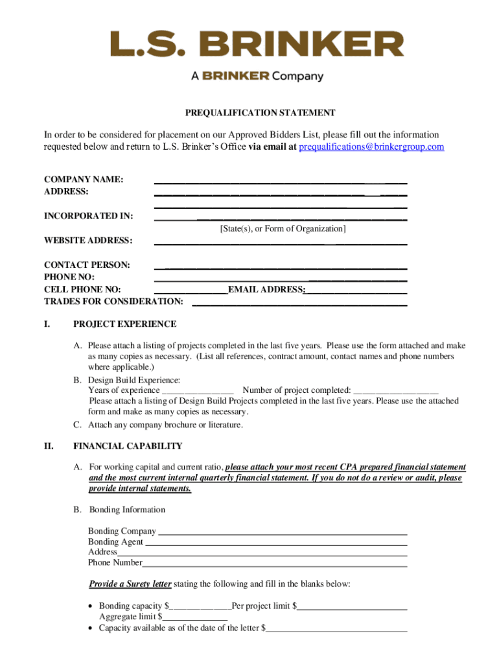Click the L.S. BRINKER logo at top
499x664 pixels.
pos(257,45)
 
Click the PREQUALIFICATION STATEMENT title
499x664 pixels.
pos(260,113)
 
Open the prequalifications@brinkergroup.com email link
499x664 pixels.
pos(371,147)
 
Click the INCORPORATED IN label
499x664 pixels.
pos(89,216)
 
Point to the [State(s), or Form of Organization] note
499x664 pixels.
pos(283,229)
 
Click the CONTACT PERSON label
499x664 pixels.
pos(87,265)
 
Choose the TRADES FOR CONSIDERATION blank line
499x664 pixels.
pos(299,304)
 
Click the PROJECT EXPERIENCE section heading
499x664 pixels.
pos(124,324)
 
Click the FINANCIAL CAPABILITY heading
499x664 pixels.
pos(128,446)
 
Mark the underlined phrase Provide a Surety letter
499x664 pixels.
pos(130,584)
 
